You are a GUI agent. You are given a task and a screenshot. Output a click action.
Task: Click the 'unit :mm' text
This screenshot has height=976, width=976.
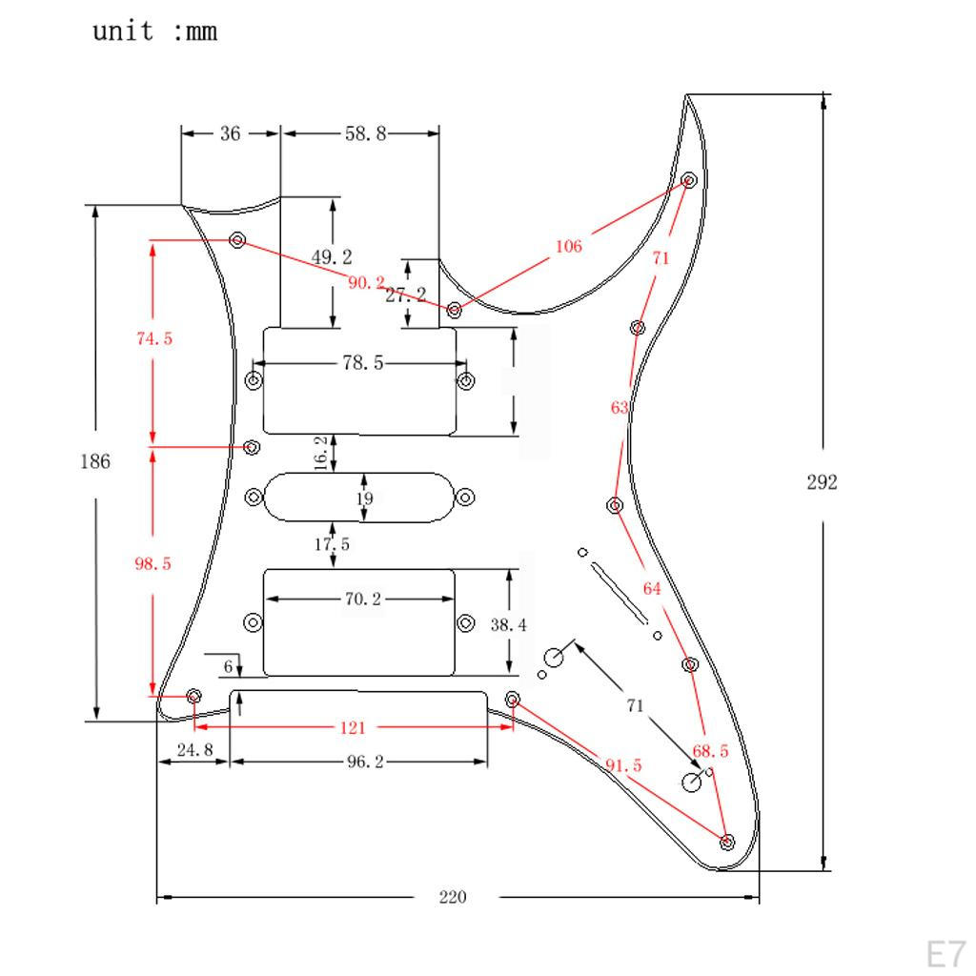point(154,31)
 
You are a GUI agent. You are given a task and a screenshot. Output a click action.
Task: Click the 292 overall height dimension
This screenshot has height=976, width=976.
point(822,482)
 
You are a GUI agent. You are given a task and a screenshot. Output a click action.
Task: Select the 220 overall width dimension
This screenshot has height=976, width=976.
point(453,897)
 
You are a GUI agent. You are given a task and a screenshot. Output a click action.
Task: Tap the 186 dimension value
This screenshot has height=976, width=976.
point(94,462)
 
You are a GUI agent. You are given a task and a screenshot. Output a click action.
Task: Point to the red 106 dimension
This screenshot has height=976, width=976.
point(568,247)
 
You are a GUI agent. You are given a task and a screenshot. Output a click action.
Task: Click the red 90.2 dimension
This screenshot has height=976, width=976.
point(365,283)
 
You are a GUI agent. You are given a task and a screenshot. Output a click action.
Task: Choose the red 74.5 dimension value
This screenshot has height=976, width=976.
point(153,338)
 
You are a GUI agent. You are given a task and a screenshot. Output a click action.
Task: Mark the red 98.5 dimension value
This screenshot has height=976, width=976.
point(152,564)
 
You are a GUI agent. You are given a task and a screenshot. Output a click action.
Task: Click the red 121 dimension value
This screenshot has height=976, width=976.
point(353,728)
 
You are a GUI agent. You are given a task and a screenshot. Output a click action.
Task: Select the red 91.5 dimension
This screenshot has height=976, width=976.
point(623,765)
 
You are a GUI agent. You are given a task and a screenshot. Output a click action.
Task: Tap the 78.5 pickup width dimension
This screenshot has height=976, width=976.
point(361,363)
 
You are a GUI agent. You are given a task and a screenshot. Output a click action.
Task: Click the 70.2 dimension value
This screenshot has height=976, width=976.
point(362,600)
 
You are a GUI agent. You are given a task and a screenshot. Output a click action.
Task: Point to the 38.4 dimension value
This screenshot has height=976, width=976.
point(508,625)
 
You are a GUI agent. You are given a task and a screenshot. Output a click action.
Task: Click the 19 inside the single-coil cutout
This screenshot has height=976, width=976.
point(364,499)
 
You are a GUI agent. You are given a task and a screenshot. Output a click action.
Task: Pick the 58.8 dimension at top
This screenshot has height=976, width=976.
point(366,134)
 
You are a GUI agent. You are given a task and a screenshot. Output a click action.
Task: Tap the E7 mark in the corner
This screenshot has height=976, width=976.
point(945,953)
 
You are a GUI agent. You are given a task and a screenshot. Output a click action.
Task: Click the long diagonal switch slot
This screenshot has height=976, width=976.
point(620,594)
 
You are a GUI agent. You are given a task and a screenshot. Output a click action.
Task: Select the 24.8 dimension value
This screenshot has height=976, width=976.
point(194,751)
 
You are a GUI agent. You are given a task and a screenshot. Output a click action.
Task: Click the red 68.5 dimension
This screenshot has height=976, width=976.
point(710,751)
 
